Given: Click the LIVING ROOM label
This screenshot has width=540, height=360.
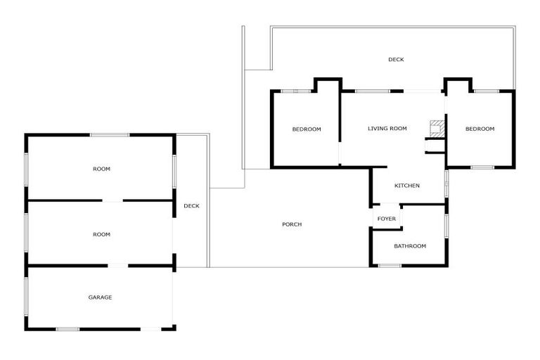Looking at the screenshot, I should (387, 129).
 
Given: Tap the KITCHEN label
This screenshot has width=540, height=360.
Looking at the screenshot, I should (407, 186).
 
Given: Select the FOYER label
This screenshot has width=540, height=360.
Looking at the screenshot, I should (387, 219).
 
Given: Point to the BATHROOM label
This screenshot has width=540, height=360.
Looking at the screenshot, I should (410, 246).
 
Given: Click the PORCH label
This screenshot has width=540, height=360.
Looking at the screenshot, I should (292, 224).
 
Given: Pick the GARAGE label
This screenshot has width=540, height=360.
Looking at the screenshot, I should (100, 297).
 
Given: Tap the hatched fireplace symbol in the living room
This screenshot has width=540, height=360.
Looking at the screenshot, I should (437, 127).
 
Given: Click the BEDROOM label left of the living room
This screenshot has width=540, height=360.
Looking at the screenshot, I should (307, 129).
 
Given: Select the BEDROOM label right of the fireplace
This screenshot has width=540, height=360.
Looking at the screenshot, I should (480, 129).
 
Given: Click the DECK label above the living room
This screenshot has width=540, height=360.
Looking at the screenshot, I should (396, 60).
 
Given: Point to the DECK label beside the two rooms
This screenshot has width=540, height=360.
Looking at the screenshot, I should (191, 206).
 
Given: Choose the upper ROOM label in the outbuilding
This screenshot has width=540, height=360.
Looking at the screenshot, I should (101, 169).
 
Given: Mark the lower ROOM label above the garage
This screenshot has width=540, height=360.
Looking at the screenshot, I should (101, 235).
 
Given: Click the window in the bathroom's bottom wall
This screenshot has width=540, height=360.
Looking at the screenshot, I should (390, 265).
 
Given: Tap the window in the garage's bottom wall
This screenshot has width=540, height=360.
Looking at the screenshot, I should (67, 328).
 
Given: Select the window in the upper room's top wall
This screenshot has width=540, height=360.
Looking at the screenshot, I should (109, 135).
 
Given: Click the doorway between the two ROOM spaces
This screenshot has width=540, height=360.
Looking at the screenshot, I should (112, 201).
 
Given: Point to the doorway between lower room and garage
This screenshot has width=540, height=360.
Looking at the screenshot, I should (117, 266).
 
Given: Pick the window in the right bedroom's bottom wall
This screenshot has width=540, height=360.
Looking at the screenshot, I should (482, 167).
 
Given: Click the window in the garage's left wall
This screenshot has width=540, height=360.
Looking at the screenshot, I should (27, 297).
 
